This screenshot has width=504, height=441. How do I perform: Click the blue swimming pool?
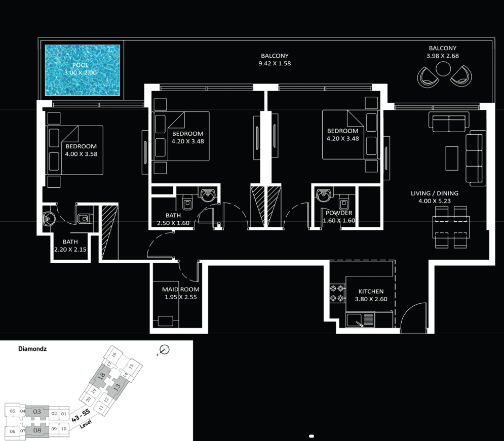(x=82, y=70)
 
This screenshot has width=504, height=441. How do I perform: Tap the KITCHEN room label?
(x=371, y=291)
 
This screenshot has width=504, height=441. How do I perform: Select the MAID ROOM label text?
(x=181, y=290)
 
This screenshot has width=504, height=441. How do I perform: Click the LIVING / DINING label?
(x=435, y=193)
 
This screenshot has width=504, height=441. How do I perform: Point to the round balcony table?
(x=443, y=69)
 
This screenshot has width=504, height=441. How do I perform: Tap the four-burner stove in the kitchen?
(x=337, y=293)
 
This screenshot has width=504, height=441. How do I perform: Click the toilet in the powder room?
(x=343, y=203)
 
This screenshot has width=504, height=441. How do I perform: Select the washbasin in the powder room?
(x=323, y=195)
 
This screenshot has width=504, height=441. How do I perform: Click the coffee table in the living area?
(x=452, y=158)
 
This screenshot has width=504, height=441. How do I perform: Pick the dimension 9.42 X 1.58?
(x=275, y=64)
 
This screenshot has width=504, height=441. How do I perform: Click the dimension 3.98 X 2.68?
(x=443, y=56)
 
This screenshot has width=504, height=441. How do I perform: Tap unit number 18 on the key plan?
(x=102, y=376)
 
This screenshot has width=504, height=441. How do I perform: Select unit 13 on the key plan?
(x=117, y=387)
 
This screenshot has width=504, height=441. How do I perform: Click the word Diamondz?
(x=32, y=349)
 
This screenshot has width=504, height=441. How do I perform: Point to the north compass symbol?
(x=164, y=350)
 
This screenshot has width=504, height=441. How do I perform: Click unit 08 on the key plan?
(x=37, y=430)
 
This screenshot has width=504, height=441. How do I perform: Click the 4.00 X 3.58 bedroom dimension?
(x=82, y=154)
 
